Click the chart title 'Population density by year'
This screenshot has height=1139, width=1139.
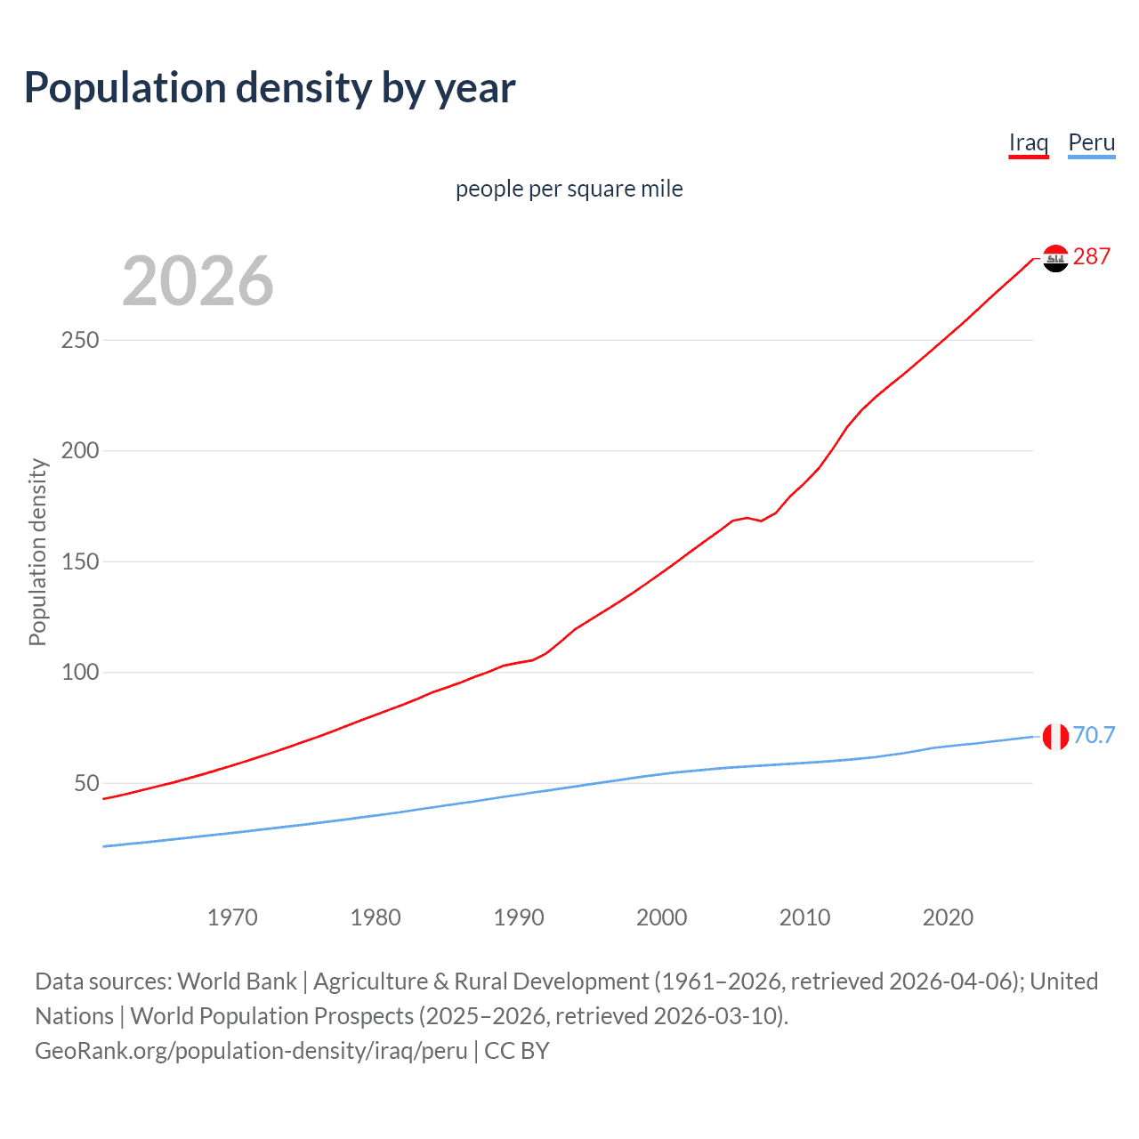coord(270,88)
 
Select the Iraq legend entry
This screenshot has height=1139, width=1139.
coord(1028,142)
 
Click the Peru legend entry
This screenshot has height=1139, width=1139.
coord(1091,142)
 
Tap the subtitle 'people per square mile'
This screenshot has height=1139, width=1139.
coord(569,190)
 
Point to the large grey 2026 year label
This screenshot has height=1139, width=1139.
coord(198,281)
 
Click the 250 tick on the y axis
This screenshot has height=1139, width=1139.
coord(80,341)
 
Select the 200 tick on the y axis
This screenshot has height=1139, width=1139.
coord(80,451)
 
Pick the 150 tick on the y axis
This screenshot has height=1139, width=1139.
coord(80,562)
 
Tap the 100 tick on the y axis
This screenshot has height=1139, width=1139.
coord(80,673)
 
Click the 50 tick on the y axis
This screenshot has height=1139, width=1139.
coord(86,784)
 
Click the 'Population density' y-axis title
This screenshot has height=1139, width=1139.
coord(37,552)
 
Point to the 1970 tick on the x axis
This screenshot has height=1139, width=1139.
coord(232,917)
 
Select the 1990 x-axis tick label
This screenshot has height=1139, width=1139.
coord(519,917)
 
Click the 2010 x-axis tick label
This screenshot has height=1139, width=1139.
coord(804,917)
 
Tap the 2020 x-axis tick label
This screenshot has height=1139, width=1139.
coord(948,917)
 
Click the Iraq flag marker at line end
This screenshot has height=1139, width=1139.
coord(1055,258)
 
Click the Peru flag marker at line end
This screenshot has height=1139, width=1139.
coord(1055,737)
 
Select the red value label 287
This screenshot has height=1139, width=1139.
coord(1092,257)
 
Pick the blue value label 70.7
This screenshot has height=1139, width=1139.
coord(1094,736)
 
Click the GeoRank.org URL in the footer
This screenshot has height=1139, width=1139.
coord(251,1051)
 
